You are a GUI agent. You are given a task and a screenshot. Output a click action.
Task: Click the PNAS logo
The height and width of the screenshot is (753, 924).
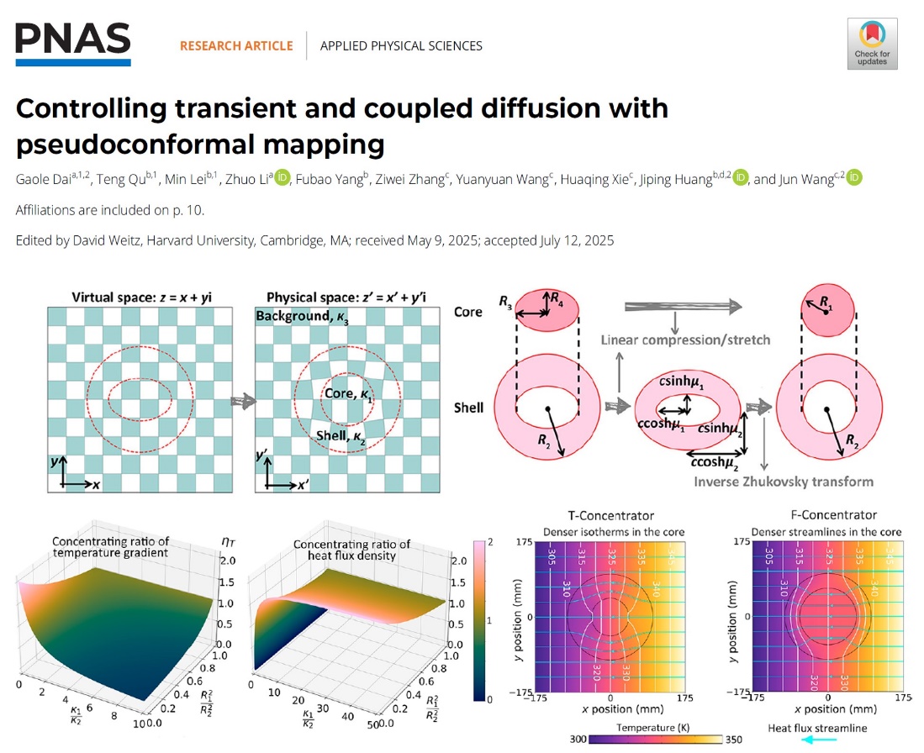pos(73,44)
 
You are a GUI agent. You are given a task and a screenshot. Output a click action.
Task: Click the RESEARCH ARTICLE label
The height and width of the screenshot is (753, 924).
pos(236,45)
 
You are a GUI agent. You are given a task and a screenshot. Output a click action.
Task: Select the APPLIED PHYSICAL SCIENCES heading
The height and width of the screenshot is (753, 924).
pos(401,45)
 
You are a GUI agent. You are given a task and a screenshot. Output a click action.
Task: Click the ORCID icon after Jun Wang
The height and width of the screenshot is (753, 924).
pos(854,178)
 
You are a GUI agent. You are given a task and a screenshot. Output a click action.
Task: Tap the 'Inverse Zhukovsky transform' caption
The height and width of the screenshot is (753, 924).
pos(784,482)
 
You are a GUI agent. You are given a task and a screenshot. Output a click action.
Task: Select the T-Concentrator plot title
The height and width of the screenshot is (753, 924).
pos(612,515)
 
